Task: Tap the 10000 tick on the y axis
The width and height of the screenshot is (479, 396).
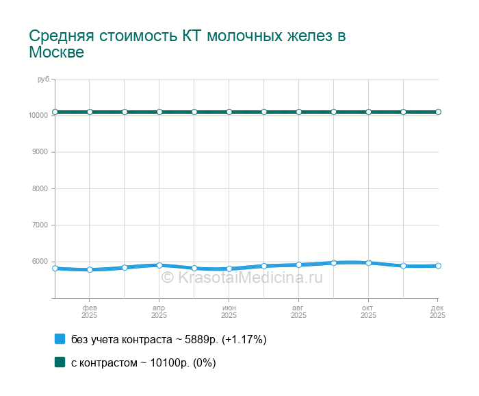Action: pos(38,115)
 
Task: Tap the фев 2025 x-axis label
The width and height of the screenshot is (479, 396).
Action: pos(90,312)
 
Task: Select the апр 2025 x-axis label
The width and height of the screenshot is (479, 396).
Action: pos(159,312)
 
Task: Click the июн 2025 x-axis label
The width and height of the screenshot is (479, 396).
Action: pos(229,312)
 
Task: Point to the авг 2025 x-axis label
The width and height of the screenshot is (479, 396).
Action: pos(299,312)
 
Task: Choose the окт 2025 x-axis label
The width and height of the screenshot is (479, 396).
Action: pos(369,312)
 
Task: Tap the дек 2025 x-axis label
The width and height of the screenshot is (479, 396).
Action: pos(438,312)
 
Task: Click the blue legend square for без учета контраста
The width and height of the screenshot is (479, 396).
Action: pos(60,339)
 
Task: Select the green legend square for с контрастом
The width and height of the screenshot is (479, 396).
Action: pos(60,362)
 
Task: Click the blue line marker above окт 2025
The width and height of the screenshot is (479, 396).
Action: pos(369,262)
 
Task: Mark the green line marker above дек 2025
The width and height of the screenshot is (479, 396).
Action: pos(438,112)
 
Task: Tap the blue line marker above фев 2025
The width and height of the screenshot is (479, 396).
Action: pos(90,269)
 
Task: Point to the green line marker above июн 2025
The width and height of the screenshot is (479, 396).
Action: pos(229,112)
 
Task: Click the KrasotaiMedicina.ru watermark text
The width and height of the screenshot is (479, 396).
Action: pos(242,277)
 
